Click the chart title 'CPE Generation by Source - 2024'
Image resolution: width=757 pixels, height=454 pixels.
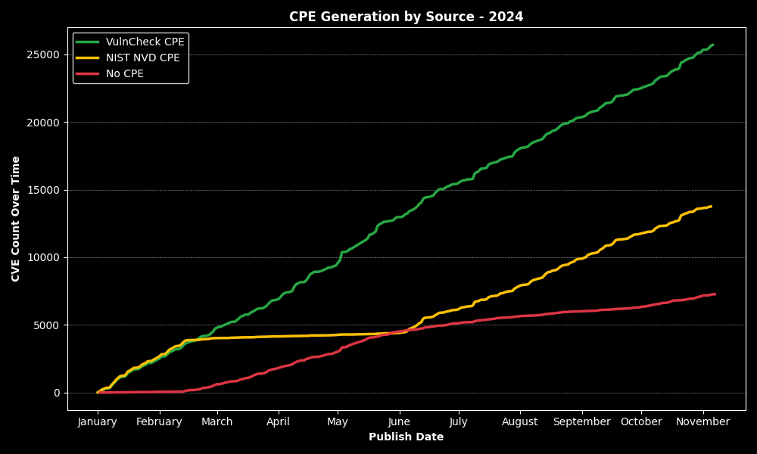(x=406, y=17)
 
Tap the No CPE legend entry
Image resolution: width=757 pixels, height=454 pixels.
(x=124, y=74)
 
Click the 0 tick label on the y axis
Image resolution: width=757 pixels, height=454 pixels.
(x=57, y=393)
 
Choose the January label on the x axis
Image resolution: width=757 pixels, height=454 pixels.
(x=98, y=422)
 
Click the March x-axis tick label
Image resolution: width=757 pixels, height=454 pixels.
(x=217, y=422)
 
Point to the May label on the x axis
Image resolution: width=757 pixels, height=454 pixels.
(x=338, y=422)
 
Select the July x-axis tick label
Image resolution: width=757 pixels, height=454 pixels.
(x=459, y=422)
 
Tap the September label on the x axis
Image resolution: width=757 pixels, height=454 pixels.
(x=582, y=422)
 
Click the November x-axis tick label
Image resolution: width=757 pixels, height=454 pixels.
(x=702, y=422)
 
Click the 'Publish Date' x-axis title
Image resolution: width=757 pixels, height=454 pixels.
(x=406, y=437)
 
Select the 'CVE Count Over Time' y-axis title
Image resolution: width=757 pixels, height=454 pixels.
(x=16, y=219)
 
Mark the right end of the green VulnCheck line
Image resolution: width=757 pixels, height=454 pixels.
(x=712, y=45)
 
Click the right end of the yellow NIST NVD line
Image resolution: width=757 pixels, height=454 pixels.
(x=710, y=207)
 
